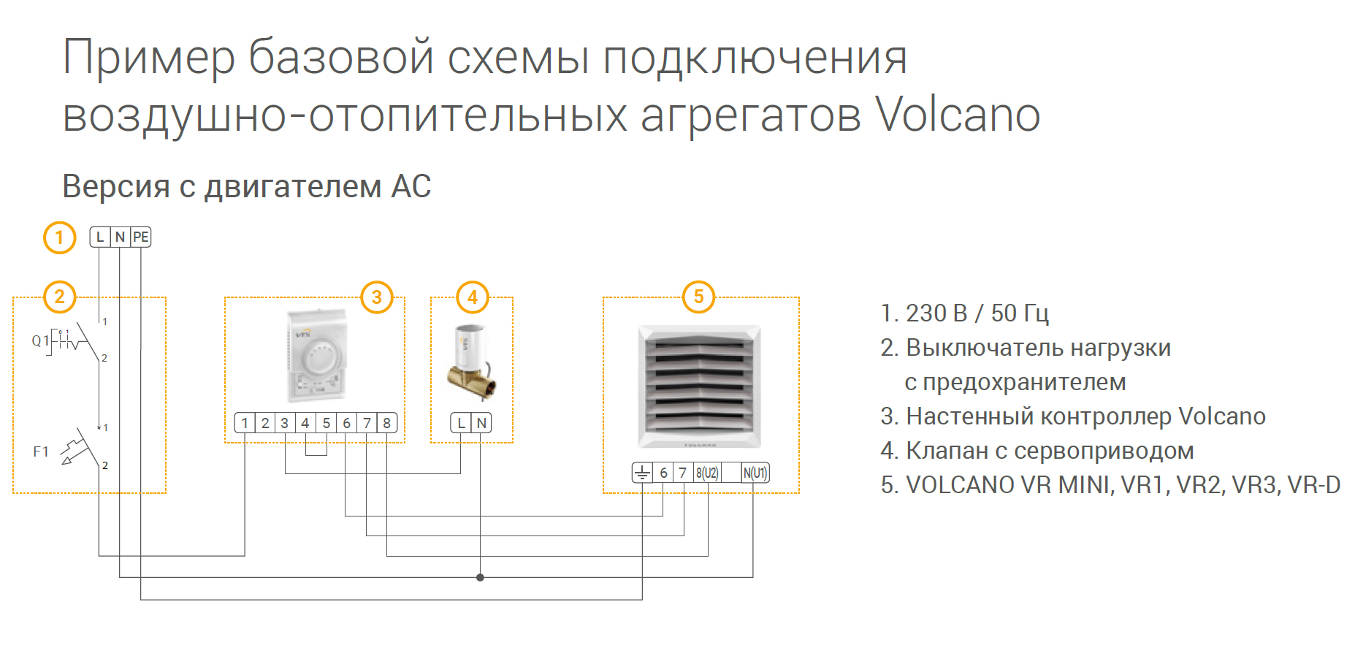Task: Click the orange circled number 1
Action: click(60, 237)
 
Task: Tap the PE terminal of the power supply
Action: click(141, 237)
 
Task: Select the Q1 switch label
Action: click(40, 340)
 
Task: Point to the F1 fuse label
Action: click(41, 451)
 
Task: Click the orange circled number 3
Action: click(377, 297)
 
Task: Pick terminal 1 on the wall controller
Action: click(245, 423)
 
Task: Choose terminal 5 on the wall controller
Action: click(327, 423)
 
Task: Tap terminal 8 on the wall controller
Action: click(387, 423)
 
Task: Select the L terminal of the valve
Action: click(461, 423)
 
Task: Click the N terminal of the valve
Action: click(481, 423)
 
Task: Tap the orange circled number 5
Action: click(699, 297)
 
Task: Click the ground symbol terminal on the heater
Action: click(642, 473)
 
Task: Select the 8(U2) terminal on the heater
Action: click(707, 473)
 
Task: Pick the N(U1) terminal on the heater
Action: click(755, 473)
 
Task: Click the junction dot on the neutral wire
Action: click(480, 577)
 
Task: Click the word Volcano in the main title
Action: click(958, 115)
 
